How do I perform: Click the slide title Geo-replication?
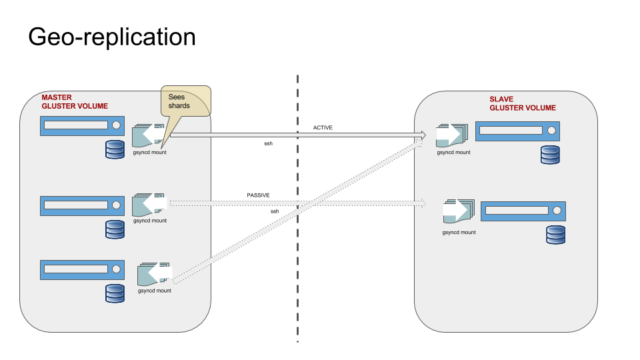click(112, 37)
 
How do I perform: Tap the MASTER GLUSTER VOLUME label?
click(74, 102)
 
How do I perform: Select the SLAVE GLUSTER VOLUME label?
click(522, 103)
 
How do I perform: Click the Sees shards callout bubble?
click(185, 101)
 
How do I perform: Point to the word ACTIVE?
click(323, 127)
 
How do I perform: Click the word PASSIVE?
click(258, 195)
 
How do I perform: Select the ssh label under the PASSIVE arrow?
click(275, 211)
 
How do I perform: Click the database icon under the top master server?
click(115, 150)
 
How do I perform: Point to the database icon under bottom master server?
click(115, 293)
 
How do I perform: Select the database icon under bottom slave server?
click(555, 235)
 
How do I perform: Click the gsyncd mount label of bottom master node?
click(155, 291)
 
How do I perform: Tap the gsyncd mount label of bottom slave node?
click(459, 233)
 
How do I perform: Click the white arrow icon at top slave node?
click(449, 134)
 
